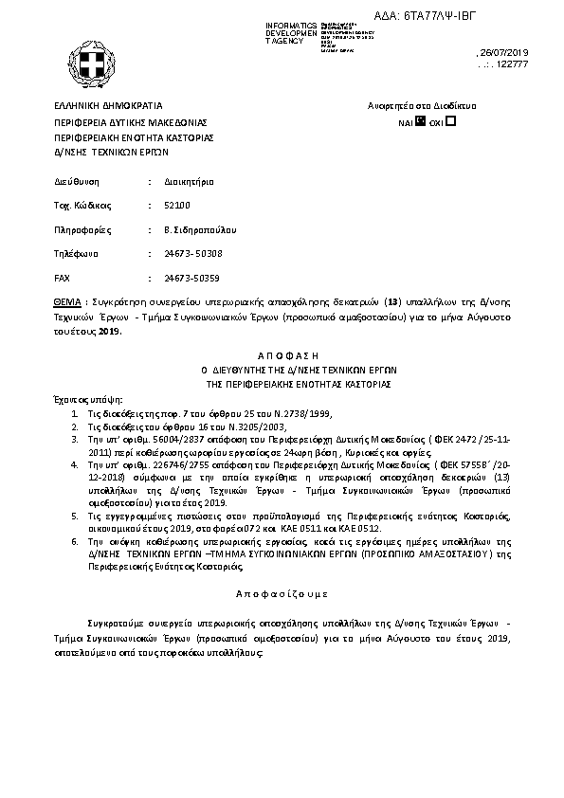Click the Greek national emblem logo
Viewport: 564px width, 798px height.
(96, 63)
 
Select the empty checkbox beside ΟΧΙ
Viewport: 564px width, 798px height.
(451, 121)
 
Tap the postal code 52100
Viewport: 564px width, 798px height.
(176, 205)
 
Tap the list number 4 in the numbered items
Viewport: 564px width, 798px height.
(75, 465)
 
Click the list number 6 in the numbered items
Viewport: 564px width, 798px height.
(75, 539)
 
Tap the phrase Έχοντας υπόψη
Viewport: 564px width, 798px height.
(88, 401)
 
